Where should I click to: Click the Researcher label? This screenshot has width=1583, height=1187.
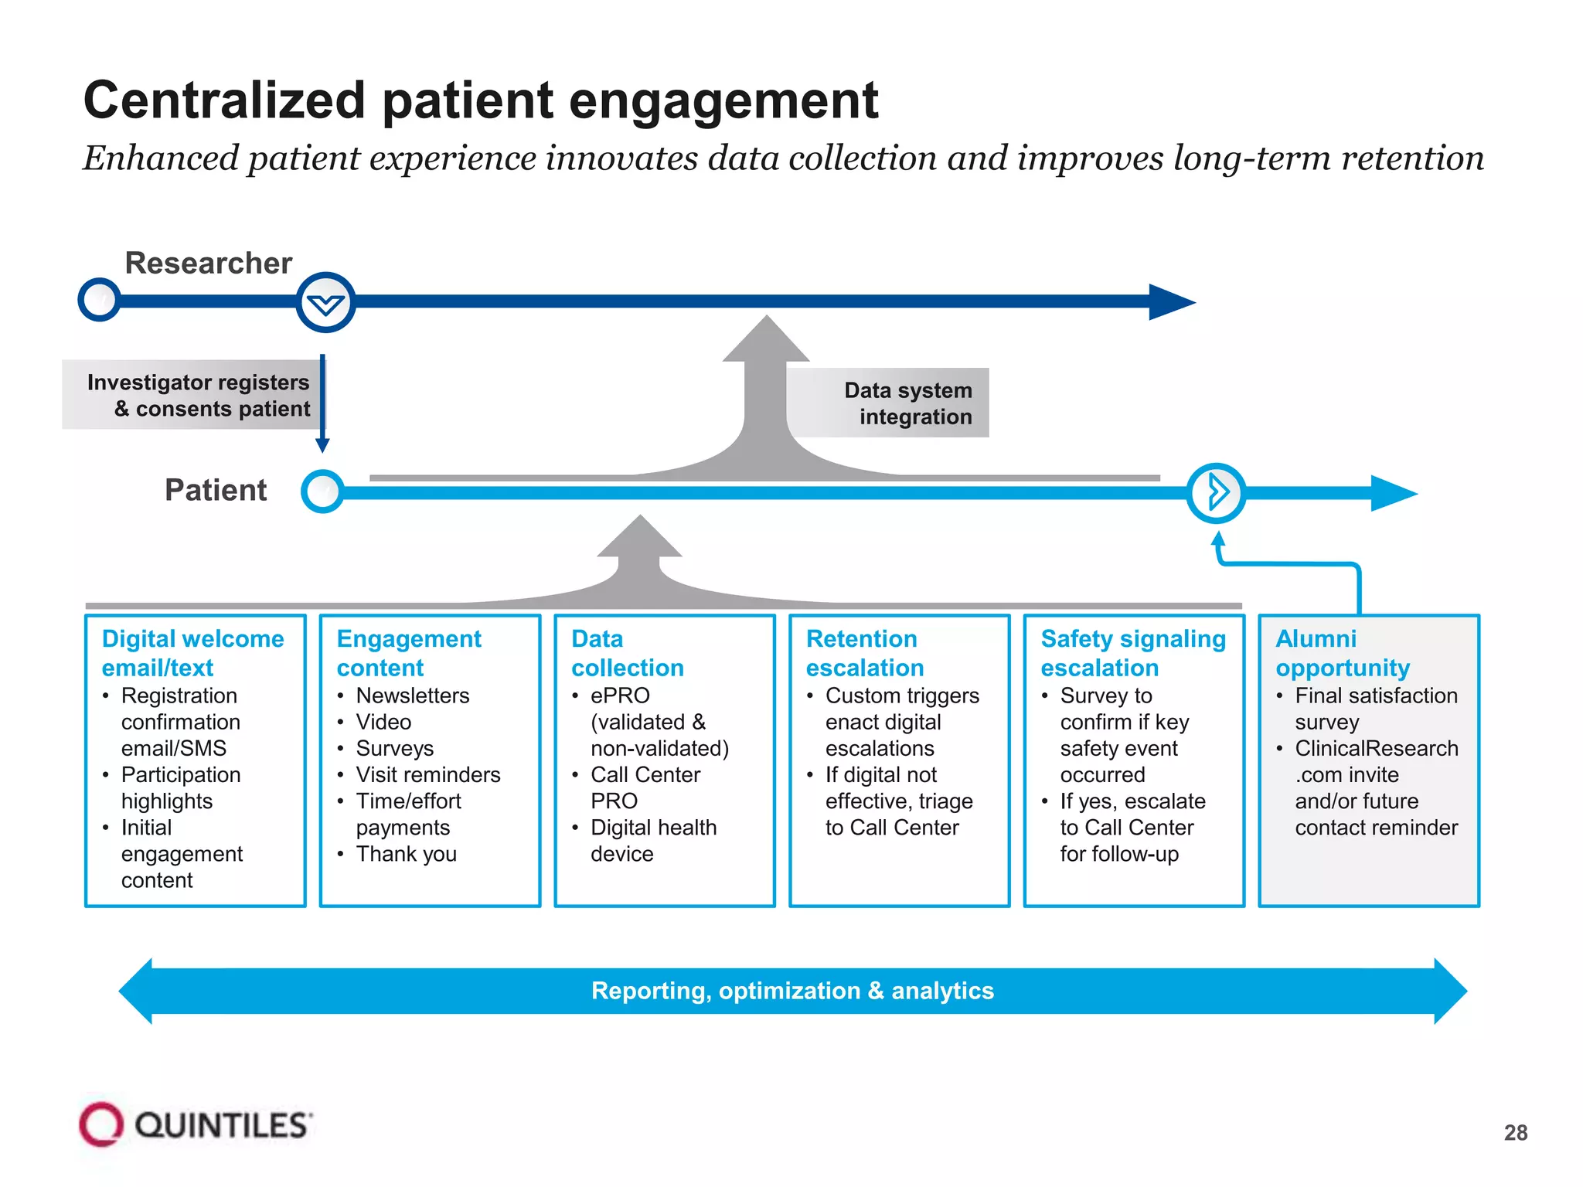pos(208,263)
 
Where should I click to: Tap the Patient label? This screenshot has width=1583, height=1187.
pos(216,490)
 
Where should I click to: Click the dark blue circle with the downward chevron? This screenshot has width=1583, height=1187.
pos(325,303)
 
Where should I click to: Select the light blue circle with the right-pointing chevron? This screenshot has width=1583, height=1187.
pos(1216,492)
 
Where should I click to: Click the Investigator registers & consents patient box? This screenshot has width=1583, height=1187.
pos(198,395)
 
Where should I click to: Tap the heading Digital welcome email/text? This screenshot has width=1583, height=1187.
pos(192,653)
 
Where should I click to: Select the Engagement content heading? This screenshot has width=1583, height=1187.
pos(408,653)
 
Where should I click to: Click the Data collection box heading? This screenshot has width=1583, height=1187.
pos(627,653)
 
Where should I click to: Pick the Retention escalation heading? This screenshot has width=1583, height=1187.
pos(864,653)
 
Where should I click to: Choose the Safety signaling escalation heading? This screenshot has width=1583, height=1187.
pos(1132,653)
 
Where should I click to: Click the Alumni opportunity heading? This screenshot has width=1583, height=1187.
pos(1342,653)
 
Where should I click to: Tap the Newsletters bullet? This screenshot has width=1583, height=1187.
pos(412,696)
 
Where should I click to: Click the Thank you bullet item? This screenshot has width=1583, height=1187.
pos(406,854)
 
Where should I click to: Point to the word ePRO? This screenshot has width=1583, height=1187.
pos(620,696)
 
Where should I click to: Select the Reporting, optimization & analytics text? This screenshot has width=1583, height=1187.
pos(792,991)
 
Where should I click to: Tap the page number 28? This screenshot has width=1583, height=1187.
pos(1515,1133)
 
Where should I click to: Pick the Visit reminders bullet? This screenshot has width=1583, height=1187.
pos(427,774)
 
